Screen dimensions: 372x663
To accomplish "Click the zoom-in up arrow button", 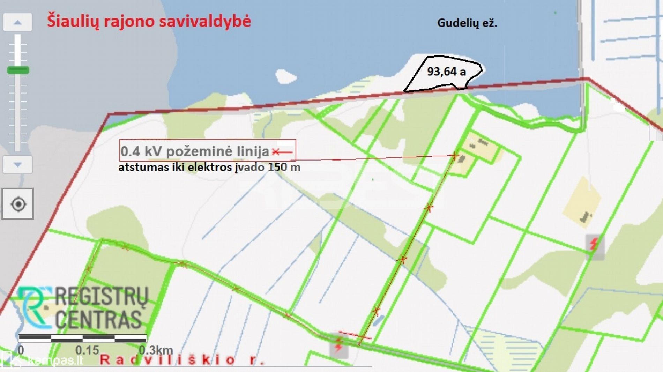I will click(x=17, y=23).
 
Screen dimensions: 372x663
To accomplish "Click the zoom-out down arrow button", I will click(x=17, y=164).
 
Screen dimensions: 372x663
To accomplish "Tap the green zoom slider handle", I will click(x=18, y=70).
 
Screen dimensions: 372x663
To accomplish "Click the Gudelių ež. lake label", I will click(x=467, y=23).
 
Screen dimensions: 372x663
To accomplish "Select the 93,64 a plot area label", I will click(x=446, y=72).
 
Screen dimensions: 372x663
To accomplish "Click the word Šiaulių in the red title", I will click(x=73, y=21).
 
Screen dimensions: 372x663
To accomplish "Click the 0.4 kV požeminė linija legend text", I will click(x=195, y=151).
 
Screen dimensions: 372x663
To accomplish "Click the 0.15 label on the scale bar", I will click(x=87, y=350).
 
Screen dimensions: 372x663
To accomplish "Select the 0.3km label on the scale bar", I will click(x=156, y=350).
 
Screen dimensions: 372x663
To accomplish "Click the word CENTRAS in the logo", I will click(x=98, y=319).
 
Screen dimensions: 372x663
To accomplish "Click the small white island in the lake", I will click(x=285, y=76).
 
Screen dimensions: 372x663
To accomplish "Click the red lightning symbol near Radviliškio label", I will click(x=338, y=345).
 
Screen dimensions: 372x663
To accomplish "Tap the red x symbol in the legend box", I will click(x=276, y=152).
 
